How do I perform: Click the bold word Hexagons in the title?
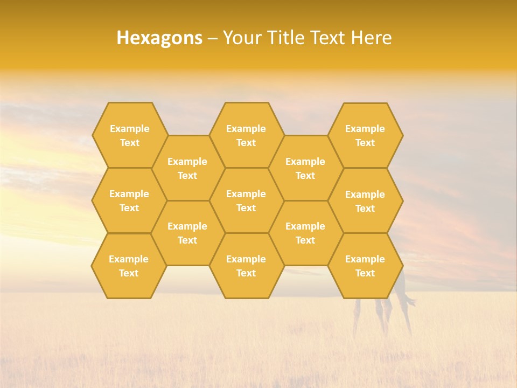click(159, 38)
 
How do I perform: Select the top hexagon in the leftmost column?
click(129, 135)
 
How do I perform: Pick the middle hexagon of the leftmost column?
click(129, 200)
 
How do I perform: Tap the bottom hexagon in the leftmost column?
click(129, 266)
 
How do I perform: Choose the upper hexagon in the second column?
click(187, 168)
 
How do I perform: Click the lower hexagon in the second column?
click(187, 233)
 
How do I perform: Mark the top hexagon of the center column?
click(246, 135)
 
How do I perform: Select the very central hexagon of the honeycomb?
click(246, 200)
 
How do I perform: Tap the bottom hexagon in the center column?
click(246, 266)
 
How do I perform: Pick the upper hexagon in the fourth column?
click(305, 168)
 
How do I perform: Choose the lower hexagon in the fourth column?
click(305, 233)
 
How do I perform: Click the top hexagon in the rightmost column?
click(365, 135)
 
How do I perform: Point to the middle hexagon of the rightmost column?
click(365, 201)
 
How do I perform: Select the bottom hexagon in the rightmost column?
click(365, 266)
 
